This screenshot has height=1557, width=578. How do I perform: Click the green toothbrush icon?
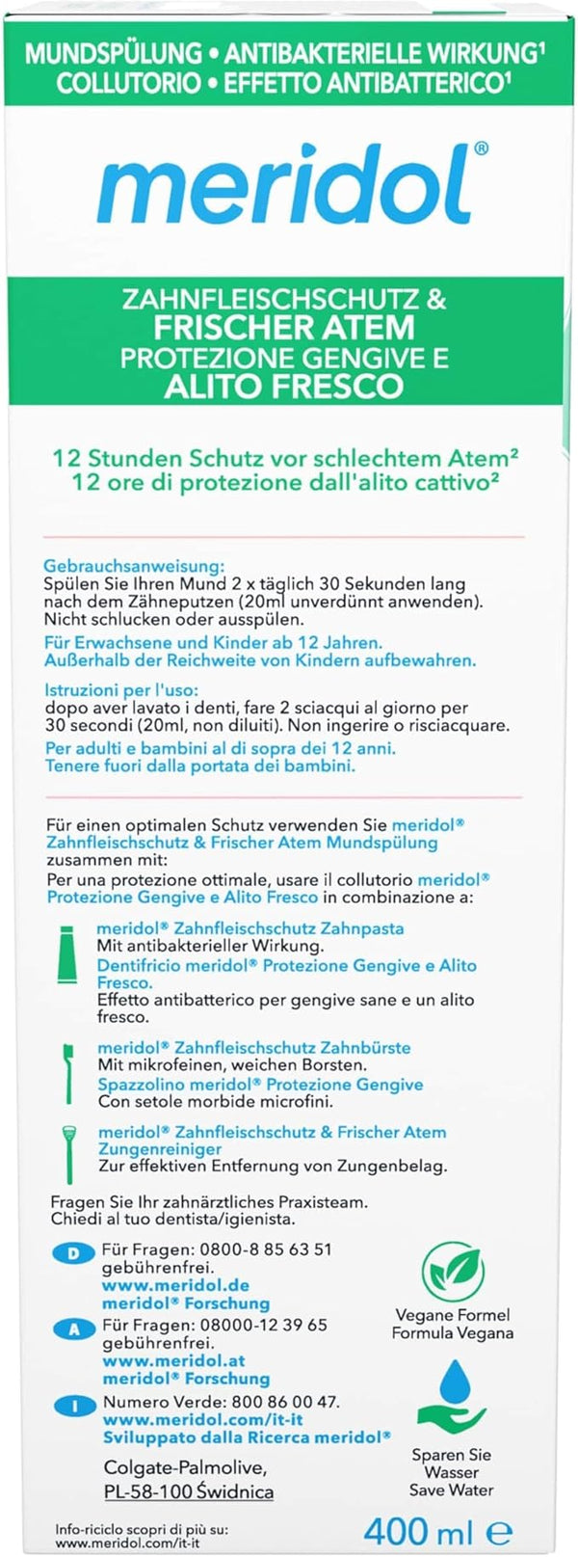coord(68,1070)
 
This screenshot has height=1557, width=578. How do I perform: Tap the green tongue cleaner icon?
coord(68,1153)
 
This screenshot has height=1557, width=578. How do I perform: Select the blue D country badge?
coord(73,1253)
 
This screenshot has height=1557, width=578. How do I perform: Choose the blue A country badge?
coord(73,1329)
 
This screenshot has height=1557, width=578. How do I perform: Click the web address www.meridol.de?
coord(175,1285)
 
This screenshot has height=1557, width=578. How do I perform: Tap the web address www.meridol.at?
coord(173,1360)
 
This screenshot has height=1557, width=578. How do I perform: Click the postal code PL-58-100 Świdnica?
coord(188,1491)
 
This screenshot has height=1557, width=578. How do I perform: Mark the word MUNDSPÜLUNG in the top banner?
coord(113,53)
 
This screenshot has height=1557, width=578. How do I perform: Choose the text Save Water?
coord(451,1490)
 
